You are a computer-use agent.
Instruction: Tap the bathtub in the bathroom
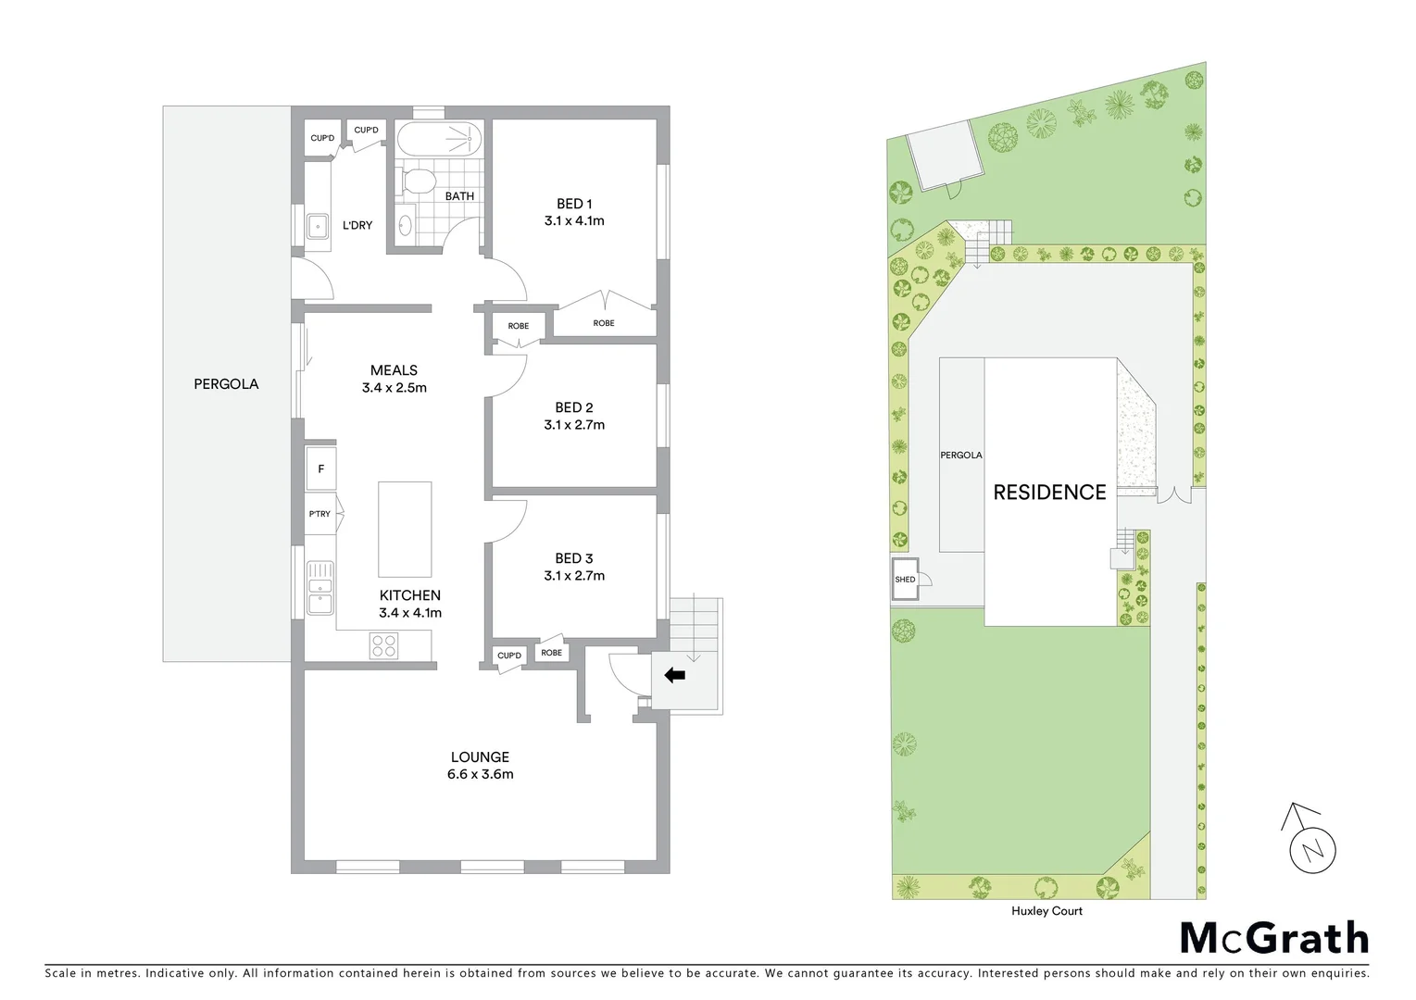[x=440, y=141]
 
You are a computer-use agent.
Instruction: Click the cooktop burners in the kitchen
[x=383, y=645]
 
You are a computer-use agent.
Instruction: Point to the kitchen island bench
[x=405, y=530]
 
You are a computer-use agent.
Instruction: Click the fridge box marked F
[x=321, y=469]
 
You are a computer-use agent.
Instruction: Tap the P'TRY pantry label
[x=320, y=514]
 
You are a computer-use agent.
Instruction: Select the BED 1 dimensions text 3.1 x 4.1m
[x=574, y=221]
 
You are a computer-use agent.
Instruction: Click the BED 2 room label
[x=574, y=407]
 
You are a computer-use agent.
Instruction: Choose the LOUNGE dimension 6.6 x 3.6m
[x=481, y=774]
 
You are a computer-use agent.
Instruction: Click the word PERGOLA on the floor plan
[x=226, y=383]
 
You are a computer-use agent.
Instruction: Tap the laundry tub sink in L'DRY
[x=318, y=225]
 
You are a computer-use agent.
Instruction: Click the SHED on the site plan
[x=905, y=580]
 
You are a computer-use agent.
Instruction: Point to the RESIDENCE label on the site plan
[x=1049, y=493]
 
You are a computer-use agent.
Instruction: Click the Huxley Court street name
[x=1047, y=911]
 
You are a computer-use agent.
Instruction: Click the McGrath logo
[x=1273, y=938]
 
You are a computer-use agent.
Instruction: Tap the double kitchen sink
[x=320, y=587]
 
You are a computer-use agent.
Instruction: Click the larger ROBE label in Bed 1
[x=604, y=323]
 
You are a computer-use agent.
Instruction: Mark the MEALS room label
[x=395, y=370]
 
